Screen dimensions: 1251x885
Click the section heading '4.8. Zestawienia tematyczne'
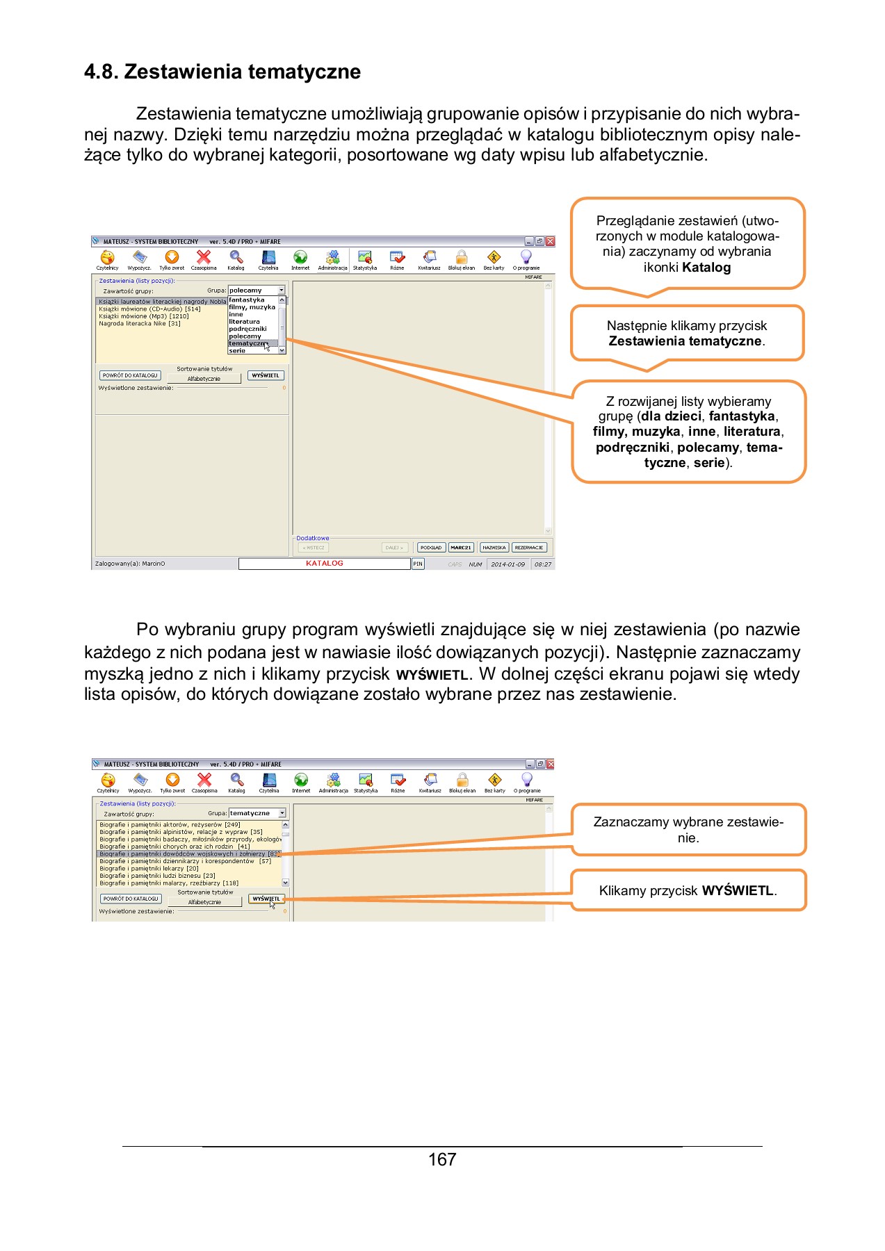click(222, 72)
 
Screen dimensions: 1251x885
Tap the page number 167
click(442, 1159)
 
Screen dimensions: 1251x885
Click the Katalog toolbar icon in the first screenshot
click(236, 259)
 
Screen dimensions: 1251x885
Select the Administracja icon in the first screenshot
click(332, 259)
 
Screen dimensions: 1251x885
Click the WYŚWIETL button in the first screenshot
click(266, 375)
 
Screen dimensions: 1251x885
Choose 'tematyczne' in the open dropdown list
click(247, 343)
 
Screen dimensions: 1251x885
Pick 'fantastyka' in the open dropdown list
click(247, 300)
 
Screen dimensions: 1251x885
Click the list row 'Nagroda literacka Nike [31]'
click(140, 323)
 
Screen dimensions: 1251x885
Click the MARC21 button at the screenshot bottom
click(460, 548)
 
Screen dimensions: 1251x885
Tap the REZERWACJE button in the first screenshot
click(528, 548)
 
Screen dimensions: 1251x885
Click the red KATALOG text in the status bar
click(324, 564)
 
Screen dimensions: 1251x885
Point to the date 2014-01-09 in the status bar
click(508, 564)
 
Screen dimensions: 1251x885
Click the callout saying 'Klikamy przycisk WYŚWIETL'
click(688, 890)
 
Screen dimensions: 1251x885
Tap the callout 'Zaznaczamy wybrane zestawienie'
click(688, 829)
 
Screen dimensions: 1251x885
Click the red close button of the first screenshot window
click(550, 241)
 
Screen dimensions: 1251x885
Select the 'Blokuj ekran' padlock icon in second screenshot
click(462, 780)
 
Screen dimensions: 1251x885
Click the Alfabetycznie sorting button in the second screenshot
click(204, 902)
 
